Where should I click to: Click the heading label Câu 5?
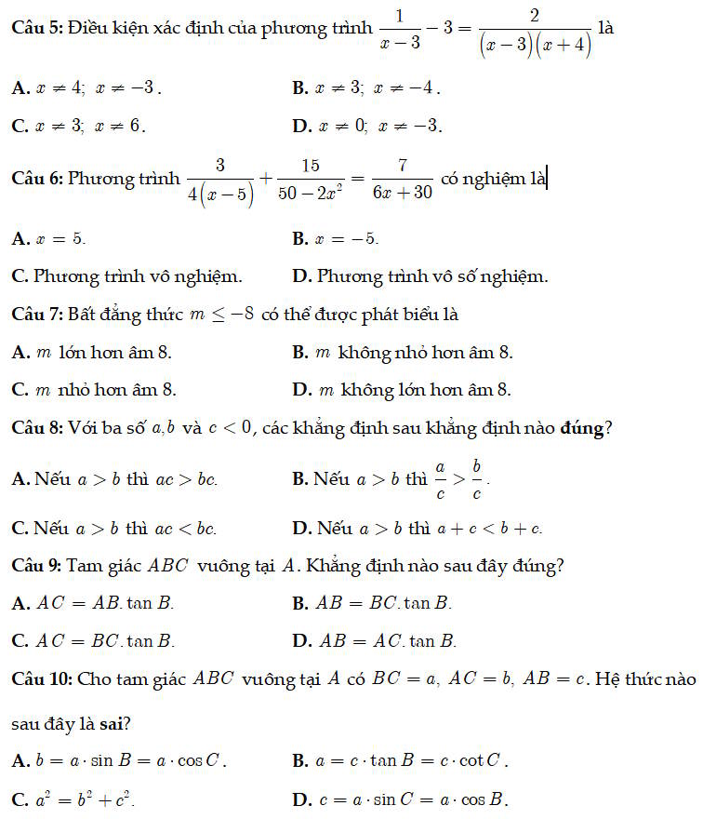[x=34, y=29]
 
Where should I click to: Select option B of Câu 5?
[x=365, y=88]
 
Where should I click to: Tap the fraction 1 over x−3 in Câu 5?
[x=401, y=29]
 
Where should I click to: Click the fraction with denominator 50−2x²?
[x=311, y=178]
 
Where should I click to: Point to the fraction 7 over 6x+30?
[x=402, y=178]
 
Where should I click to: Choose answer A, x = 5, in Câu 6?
[x=50, y=239]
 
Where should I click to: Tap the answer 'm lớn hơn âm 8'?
[x=92, y=353]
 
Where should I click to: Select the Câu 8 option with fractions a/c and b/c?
[x=391, y=478]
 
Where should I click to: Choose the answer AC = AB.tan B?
[x=94, y=603]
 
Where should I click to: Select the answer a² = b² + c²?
[x=78, y=799]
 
